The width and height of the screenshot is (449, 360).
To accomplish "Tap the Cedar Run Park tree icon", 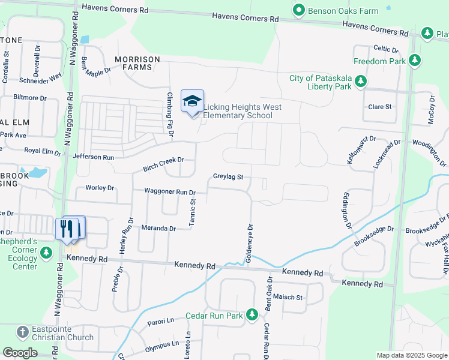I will (253, 314).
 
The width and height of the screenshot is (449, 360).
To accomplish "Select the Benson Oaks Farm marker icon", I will (298, 10).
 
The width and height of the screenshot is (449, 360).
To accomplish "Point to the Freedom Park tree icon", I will (415, 61).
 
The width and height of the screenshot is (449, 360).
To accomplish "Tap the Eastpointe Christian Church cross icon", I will (22, 332).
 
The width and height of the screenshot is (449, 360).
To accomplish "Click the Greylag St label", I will (228, 177).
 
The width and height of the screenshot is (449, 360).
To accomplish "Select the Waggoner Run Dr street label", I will (170, 192).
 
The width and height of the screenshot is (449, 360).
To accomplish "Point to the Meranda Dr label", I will (158, 229).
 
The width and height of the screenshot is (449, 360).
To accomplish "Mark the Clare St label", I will (379, 107).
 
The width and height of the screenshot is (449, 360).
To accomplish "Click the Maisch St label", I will (288, 297).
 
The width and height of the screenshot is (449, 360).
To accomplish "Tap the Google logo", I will (20, 353).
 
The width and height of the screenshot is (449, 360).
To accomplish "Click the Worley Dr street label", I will (100, 188).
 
